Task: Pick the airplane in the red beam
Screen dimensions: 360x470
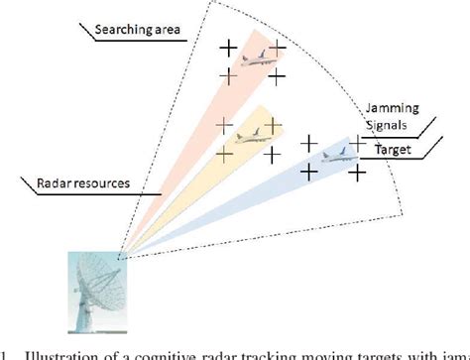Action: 252,59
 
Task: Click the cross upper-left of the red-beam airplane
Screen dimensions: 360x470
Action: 228,47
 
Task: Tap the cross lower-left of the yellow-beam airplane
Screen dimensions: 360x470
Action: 224,153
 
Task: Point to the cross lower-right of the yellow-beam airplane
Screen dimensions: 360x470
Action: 275,153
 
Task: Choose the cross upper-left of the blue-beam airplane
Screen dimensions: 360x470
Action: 309,143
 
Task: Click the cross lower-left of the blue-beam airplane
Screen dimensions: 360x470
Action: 309,172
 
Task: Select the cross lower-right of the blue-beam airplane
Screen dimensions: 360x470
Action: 358,172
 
